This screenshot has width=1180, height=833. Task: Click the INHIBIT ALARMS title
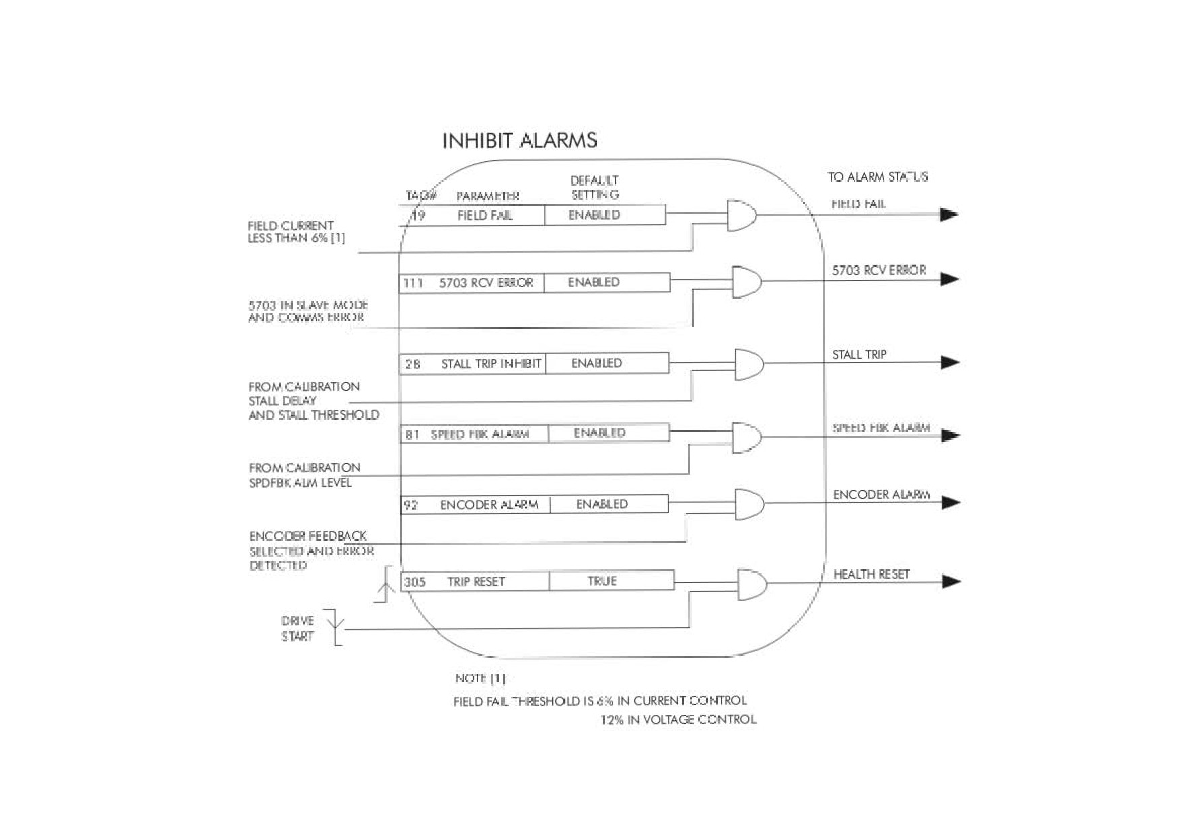coord(519,141)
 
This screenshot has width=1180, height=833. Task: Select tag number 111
coord(413,283)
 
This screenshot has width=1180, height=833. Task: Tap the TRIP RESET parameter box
coord(475,581)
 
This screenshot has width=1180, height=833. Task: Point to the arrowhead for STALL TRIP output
coord(950,362)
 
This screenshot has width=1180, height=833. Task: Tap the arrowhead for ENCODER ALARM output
coord(951,502)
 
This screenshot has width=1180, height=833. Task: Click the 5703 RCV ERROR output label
coord(879,270)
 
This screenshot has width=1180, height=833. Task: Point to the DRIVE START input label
coord(297,629)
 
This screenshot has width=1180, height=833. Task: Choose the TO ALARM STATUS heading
coord(878,177)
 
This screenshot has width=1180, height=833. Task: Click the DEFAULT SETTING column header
coord(595,188)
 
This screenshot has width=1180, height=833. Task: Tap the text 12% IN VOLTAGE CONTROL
coord(678,719)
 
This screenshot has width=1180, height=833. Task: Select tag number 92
coord(410,505)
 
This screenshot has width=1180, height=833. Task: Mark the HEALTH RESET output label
coord(871,574)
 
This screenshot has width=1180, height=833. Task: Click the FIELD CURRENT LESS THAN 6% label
coord(296,231)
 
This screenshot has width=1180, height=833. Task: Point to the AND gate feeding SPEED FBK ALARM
coord(747,438)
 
